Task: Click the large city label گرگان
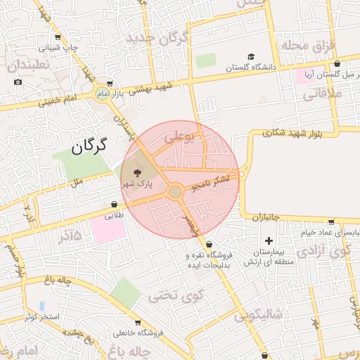click(89, 146)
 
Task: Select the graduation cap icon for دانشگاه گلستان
click(250, 57)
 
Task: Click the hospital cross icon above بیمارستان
click(268, 240)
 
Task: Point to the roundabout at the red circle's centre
click(175, 192)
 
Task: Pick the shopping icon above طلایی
click(114, 205)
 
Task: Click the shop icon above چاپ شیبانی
click(57, 37)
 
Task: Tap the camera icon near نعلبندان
click(18, 82)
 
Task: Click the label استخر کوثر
click(41, 317)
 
